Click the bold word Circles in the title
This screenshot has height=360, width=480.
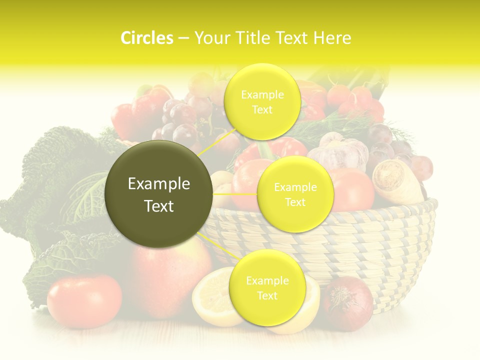[146, 38]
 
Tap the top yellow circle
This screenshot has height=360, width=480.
[262, 101]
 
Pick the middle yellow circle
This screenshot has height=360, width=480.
[295, 194]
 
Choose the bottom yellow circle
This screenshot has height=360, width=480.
[267, 287]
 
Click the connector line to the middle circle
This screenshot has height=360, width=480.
[235, 194]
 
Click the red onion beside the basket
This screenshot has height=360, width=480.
[347, 303]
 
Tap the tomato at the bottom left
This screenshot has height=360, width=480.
[84, 301]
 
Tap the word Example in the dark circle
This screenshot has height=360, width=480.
[159, 184]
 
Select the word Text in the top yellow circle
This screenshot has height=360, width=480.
[262, 109]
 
